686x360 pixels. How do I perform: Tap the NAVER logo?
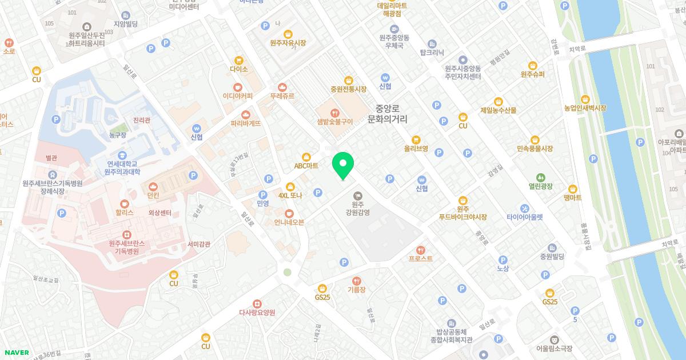[16, 353]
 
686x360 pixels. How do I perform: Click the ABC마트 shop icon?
[306, 156]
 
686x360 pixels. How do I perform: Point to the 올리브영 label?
[416, 148]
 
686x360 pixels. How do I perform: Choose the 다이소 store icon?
[239, 59]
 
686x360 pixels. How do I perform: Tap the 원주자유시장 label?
[288, 42]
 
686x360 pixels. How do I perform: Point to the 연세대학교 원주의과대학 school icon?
[123, 155]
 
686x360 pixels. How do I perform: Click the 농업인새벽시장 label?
[585, 108]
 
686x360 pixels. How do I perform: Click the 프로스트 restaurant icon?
[421, 249]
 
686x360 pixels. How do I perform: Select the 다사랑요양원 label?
[257, 313]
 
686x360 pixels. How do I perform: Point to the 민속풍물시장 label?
[535, 149]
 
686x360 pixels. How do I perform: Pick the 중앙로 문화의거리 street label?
[390, 114]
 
